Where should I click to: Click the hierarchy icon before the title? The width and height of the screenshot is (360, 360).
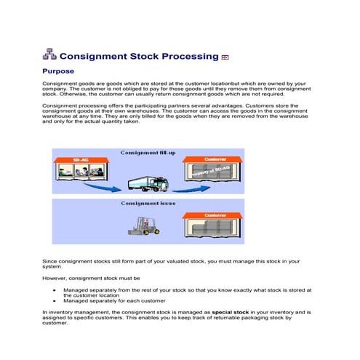click(49, 55)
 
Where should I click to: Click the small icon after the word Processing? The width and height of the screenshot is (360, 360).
click(225, 57)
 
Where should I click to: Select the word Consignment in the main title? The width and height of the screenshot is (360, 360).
click(94, 56)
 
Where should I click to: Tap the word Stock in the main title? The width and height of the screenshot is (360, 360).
click(152, 56)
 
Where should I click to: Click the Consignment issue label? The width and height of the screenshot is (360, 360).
click(145, 204)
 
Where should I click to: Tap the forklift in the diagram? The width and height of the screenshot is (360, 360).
click(142, 225)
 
